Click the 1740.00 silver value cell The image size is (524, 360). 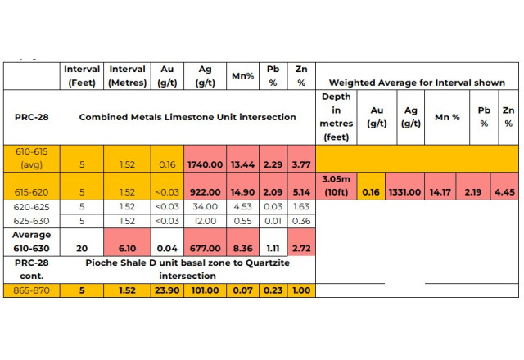tap(205, 164)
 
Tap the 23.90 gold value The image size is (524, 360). tap(168, 290)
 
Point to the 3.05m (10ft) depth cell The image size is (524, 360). tap(337, 185)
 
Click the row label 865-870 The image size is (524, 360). tap(30, 290)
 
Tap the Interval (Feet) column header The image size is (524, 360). tap(82, 76)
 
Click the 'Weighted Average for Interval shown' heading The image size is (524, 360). tap(417, 83)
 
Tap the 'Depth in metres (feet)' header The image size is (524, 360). tap(337, 116)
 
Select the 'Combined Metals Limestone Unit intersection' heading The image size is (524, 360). tap(187, 117)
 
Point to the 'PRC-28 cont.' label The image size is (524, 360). tap(30, 270)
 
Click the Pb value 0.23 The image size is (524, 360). tap(273, 290)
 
